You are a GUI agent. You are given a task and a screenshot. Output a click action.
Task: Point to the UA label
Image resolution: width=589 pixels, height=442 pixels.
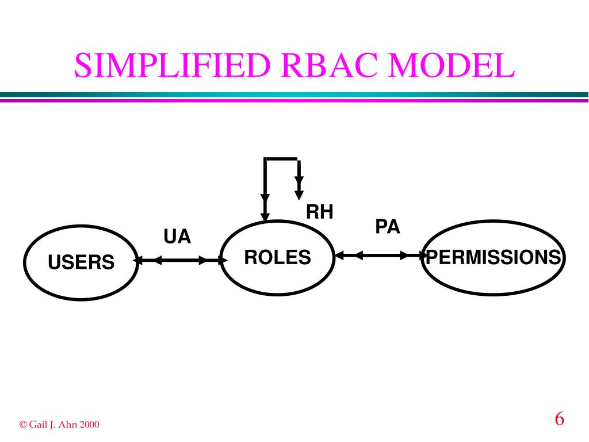pyautogui.click(x=177, y=237)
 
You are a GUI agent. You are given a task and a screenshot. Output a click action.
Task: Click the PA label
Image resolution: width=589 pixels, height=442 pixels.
pyautogui.click(x=387, y=226)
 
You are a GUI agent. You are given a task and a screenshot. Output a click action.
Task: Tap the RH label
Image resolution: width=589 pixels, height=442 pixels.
pyautogui.click(x=319, y=212)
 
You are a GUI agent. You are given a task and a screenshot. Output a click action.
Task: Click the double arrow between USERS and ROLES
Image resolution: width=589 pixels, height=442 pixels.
pyautogui.click(x=180, y=260)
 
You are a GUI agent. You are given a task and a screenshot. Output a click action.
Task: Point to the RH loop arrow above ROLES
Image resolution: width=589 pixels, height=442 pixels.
pyautogui.click(x=280, y=159)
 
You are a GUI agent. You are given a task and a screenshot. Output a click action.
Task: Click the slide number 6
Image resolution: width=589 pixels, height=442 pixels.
pyautogui.click(x=559, y=418)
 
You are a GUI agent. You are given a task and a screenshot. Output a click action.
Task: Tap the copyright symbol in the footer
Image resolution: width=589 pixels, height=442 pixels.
pyautogui.click(x=23, y=425)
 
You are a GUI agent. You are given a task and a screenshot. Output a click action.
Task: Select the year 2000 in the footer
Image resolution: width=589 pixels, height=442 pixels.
pyautogui.click(x=90, y=425)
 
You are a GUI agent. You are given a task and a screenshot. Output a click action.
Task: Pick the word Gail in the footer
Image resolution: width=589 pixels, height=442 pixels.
pyautogui.click(x=39, y=425)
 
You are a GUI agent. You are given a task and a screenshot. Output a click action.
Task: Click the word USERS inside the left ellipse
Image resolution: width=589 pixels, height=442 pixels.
pyautogui.click(x=81, y=263)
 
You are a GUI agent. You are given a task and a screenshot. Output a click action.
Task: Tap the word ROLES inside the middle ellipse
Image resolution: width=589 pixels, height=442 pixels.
pyautogui.click(x=278, y=257)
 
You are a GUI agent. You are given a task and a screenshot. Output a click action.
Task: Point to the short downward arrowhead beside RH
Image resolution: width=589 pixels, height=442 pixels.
pyautogui.click(x=299, y=187)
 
